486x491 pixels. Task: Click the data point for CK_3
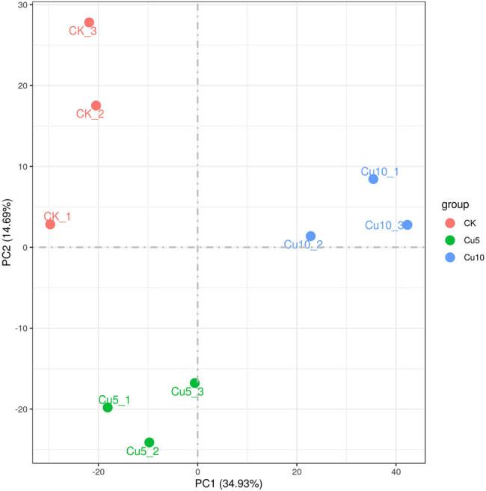[89, 22]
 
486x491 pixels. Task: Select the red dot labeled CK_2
[96, 106]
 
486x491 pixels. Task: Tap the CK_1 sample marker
[50, 225]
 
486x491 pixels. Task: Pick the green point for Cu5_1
[108, 407]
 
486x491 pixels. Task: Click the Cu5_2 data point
[150, 442]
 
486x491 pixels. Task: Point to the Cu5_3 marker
[194, 383]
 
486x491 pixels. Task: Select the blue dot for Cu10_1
[373, 179]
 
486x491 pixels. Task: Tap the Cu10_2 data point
[311, 237]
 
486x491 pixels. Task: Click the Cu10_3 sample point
[407, 225]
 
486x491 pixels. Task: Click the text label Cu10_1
[380, 171]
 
